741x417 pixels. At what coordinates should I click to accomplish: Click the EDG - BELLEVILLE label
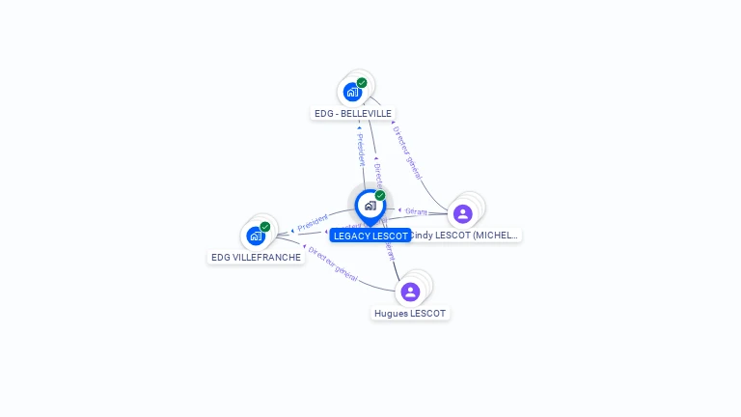click(x=352, y=113)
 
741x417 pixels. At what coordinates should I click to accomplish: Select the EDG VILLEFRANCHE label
click(x=256, y=258)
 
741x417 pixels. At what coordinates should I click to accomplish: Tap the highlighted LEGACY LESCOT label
click(x=370, y=236)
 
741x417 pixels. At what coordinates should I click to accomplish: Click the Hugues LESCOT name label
click(x=410, y=314)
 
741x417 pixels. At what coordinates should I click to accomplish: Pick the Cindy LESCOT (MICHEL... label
click(x=465, y=235)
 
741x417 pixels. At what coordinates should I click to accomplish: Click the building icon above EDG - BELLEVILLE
click(x=352, y=93)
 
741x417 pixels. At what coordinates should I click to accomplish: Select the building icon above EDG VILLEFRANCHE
click(x=256, y=236)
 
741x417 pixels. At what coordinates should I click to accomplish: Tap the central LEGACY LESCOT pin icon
click(x=370, y=206)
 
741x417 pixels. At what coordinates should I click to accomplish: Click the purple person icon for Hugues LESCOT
click(x=410, y=292)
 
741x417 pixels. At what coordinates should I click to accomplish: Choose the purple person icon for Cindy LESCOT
click(x=463, y=213)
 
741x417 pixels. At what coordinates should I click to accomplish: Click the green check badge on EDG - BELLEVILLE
click(x=362, y=83)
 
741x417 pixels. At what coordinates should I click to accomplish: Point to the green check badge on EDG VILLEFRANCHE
click(x=265, y=227)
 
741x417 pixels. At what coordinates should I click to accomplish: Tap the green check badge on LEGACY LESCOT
click(x=380, y=196)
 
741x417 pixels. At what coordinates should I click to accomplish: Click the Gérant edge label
click(x=416, y=210)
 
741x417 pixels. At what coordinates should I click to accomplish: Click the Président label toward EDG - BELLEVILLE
click(x=360, y=149)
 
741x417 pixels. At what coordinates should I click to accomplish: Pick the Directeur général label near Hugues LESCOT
click(x=333, y=264)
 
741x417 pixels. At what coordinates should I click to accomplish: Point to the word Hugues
click(x=391, y=314)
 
